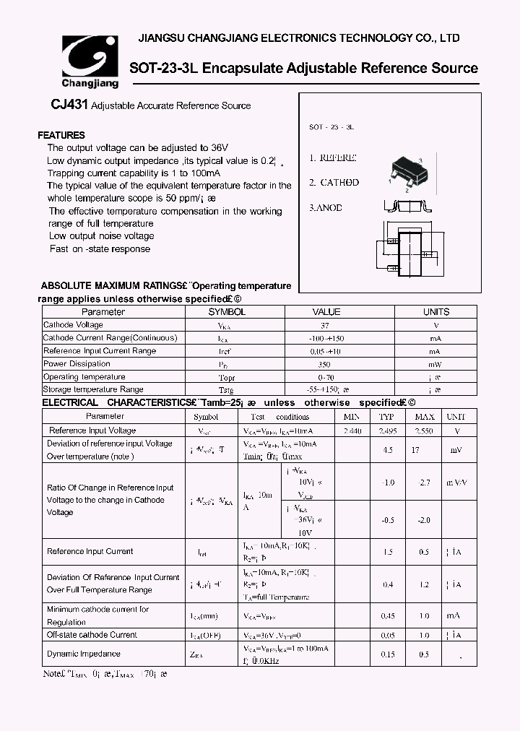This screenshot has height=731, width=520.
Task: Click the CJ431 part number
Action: pos(69,105)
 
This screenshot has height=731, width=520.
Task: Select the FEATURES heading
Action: pos(61,135)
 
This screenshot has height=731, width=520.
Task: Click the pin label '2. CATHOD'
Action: pos(334,183)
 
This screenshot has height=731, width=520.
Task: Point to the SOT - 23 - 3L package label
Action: pos(331,126)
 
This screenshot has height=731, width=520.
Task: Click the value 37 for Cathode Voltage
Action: pos(325,325)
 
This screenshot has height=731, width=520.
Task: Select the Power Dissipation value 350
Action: pos(325,364)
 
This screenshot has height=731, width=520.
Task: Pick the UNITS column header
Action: pos(435,312)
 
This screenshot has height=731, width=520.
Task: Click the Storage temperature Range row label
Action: pos(93,389)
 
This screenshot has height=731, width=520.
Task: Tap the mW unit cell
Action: pos(435,364)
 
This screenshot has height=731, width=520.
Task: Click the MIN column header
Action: pos(351,417)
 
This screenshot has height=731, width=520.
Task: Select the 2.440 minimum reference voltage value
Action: pos(352,431)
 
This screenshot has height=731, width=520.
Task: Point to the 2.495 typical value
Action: pos(387,431)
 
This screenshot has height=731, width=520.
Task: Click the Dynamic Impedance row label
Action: pos(84,654)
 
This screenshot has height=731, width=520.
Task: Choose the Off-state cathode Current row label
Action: pos(92,635)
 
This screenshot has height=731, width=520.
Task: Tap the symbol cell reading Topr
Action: pos(227,377)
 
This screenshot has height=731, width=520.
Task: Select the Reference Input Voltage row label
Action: pos(92,431)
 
